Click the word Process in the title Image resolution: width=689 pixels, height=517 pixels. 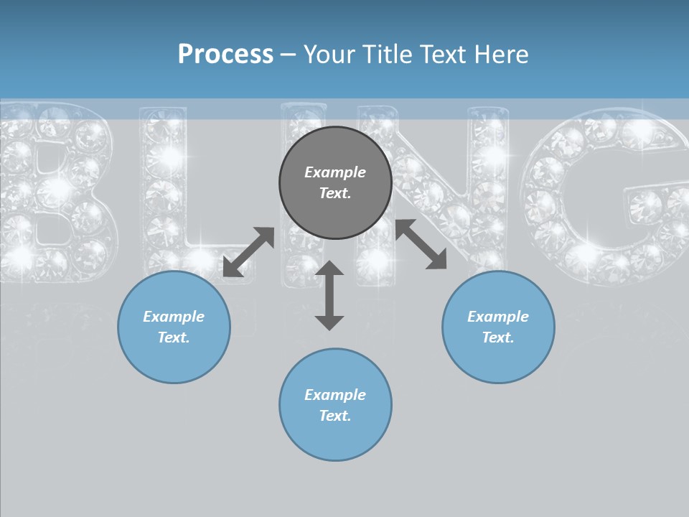point(225,55)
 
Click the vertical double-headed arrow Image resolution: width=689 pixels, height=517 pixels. point(329,296)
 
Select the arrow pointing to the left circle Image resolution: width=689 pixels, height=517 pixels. point(248,252)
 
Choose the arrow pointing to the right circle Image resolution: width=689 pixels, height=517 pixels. point(421,244)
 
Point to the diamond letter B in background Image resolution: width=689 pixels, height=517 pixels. point(54,190)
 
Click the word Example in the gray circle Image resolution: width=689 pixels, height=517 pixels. point(335,172)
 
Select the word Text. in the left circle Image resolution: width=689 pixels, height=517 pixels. point(174,337)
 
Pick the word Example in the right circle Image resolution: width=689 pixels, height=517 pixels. point(498,317)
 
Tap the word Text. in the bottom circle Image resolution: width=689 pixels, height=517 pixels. point(335,416)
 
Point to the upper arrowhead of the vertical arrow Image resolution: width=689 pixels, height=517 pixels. point(329,269)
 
